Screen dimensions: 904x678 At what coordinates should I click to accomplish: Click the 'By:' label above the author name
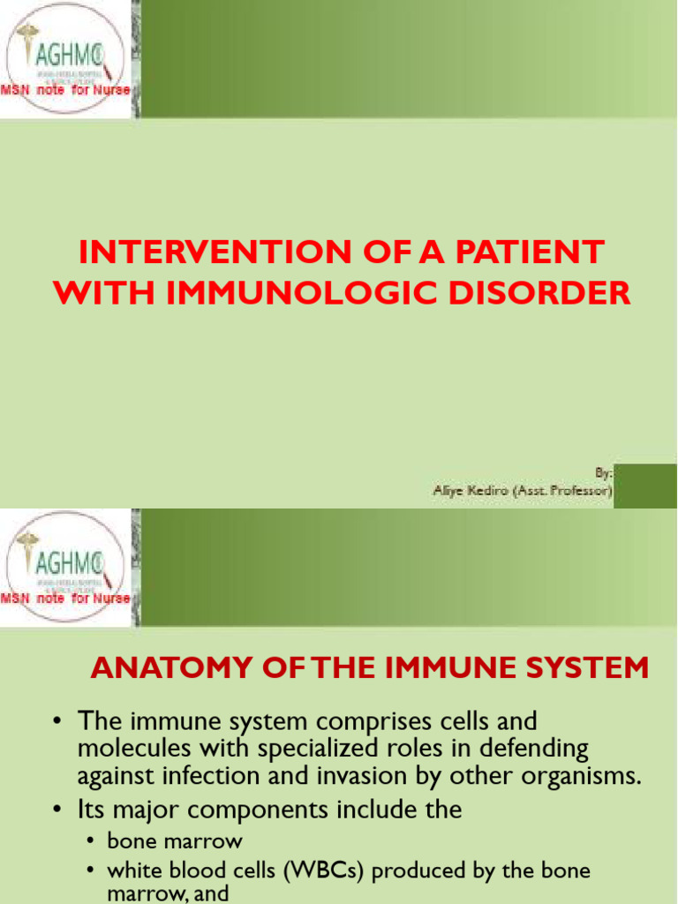[604, 473]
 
